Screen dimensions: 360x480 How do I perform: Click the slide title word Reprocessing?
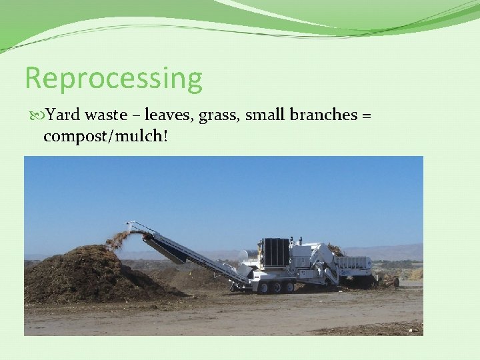(113, 79)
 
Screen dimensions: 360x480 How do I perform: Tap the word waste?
(105, 115)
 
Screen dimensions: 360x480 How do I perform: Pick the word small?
(264, 115)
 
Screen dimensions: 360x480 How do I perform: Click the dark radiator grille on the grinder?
(275, 253)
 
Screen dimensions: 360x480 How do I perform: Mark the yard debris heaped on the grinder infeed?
(335, 250)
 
